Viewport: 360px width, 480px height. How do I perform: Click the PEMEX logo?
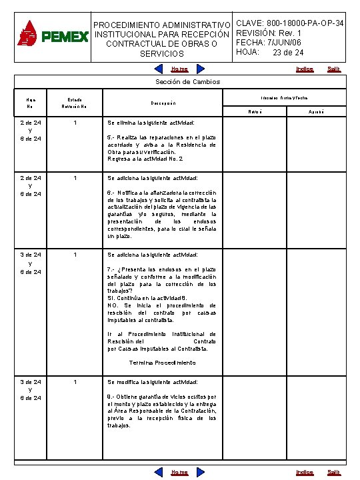click(53, 34)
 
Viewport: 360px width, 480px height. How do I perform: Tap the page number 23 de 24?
click(288, 53)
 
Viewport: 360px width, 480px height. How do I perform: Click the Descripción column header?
click(162, 103)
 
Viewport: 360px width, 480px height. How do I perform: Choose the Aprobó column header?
click(316, 111)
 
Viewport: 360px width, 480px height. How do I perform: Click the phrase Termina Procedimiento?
click(162, 363)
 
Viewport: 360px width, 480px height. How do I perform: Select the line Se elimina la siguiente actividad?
click(151, 123)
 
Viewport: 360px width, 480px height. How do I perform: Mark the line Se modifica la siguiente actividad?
click(152, 382)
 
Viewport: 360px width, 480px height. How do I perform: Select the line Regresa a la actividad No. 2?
click(145, 159)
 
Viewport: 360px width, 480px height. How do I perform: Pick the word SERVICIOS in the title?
click(162, 53)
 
